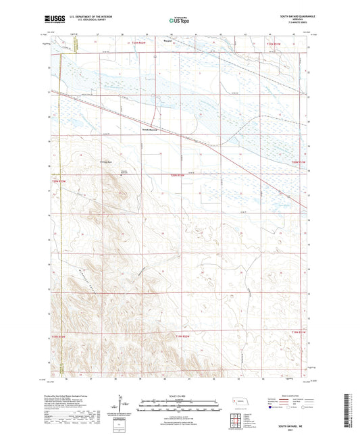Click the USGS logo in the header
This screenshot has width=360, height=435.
click(51, 19)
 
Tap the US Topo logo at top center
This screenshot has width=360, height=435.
click(179, 20)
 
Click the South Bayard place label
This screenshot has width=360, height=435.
click(149, 130)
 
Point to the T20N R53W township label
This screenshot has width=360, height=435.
click(59, 180)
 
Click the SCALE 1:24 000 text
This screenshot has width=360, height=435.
click(179, 396)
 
